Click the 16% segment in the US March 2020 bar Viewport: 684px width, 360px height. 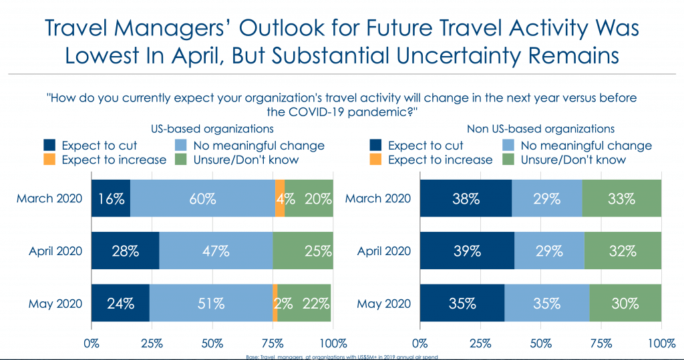click(x=111, y=198)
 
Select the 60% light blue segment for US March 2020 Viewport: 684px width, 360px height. click(x=202, y=198)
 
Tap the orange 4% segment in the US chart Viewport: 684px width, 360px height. click(x=280, y=198)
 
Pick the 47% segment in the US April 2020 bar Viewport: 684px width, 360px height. click(x=216, y=251)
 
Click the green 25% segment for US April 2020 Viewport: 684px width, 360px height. click(x=303, y=251)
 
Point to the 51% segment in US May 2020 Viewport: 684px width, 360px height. click(x=210, y=303)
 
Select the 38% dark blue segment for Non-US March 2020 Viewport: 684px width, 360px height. click(x=466, y=198)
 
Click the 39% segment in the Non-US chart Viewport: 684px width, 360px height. click(x=467, y=251)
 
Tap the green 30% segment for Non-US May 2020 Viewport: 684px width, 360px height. click(x=625, y=303)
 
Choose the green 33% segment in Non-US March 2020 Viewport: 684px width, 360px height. click(x=621, y=198)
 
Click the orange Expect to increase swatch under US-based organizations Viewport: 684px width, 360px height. click(x=50, y=160)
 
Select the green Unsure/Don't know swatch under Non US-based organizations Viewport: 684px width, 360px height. click(x=510, y=160)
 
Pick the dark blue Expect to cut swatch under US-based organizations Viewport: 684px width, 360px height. click(x=50, y=145)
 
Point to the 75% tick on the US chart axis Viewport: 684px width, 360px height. click(x=273, y=344)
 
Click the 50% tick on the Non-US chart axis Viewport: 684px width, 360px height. click(x=540, y=344)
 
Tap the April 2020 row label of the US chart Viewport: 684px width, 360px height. click(x=55, y=251)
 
